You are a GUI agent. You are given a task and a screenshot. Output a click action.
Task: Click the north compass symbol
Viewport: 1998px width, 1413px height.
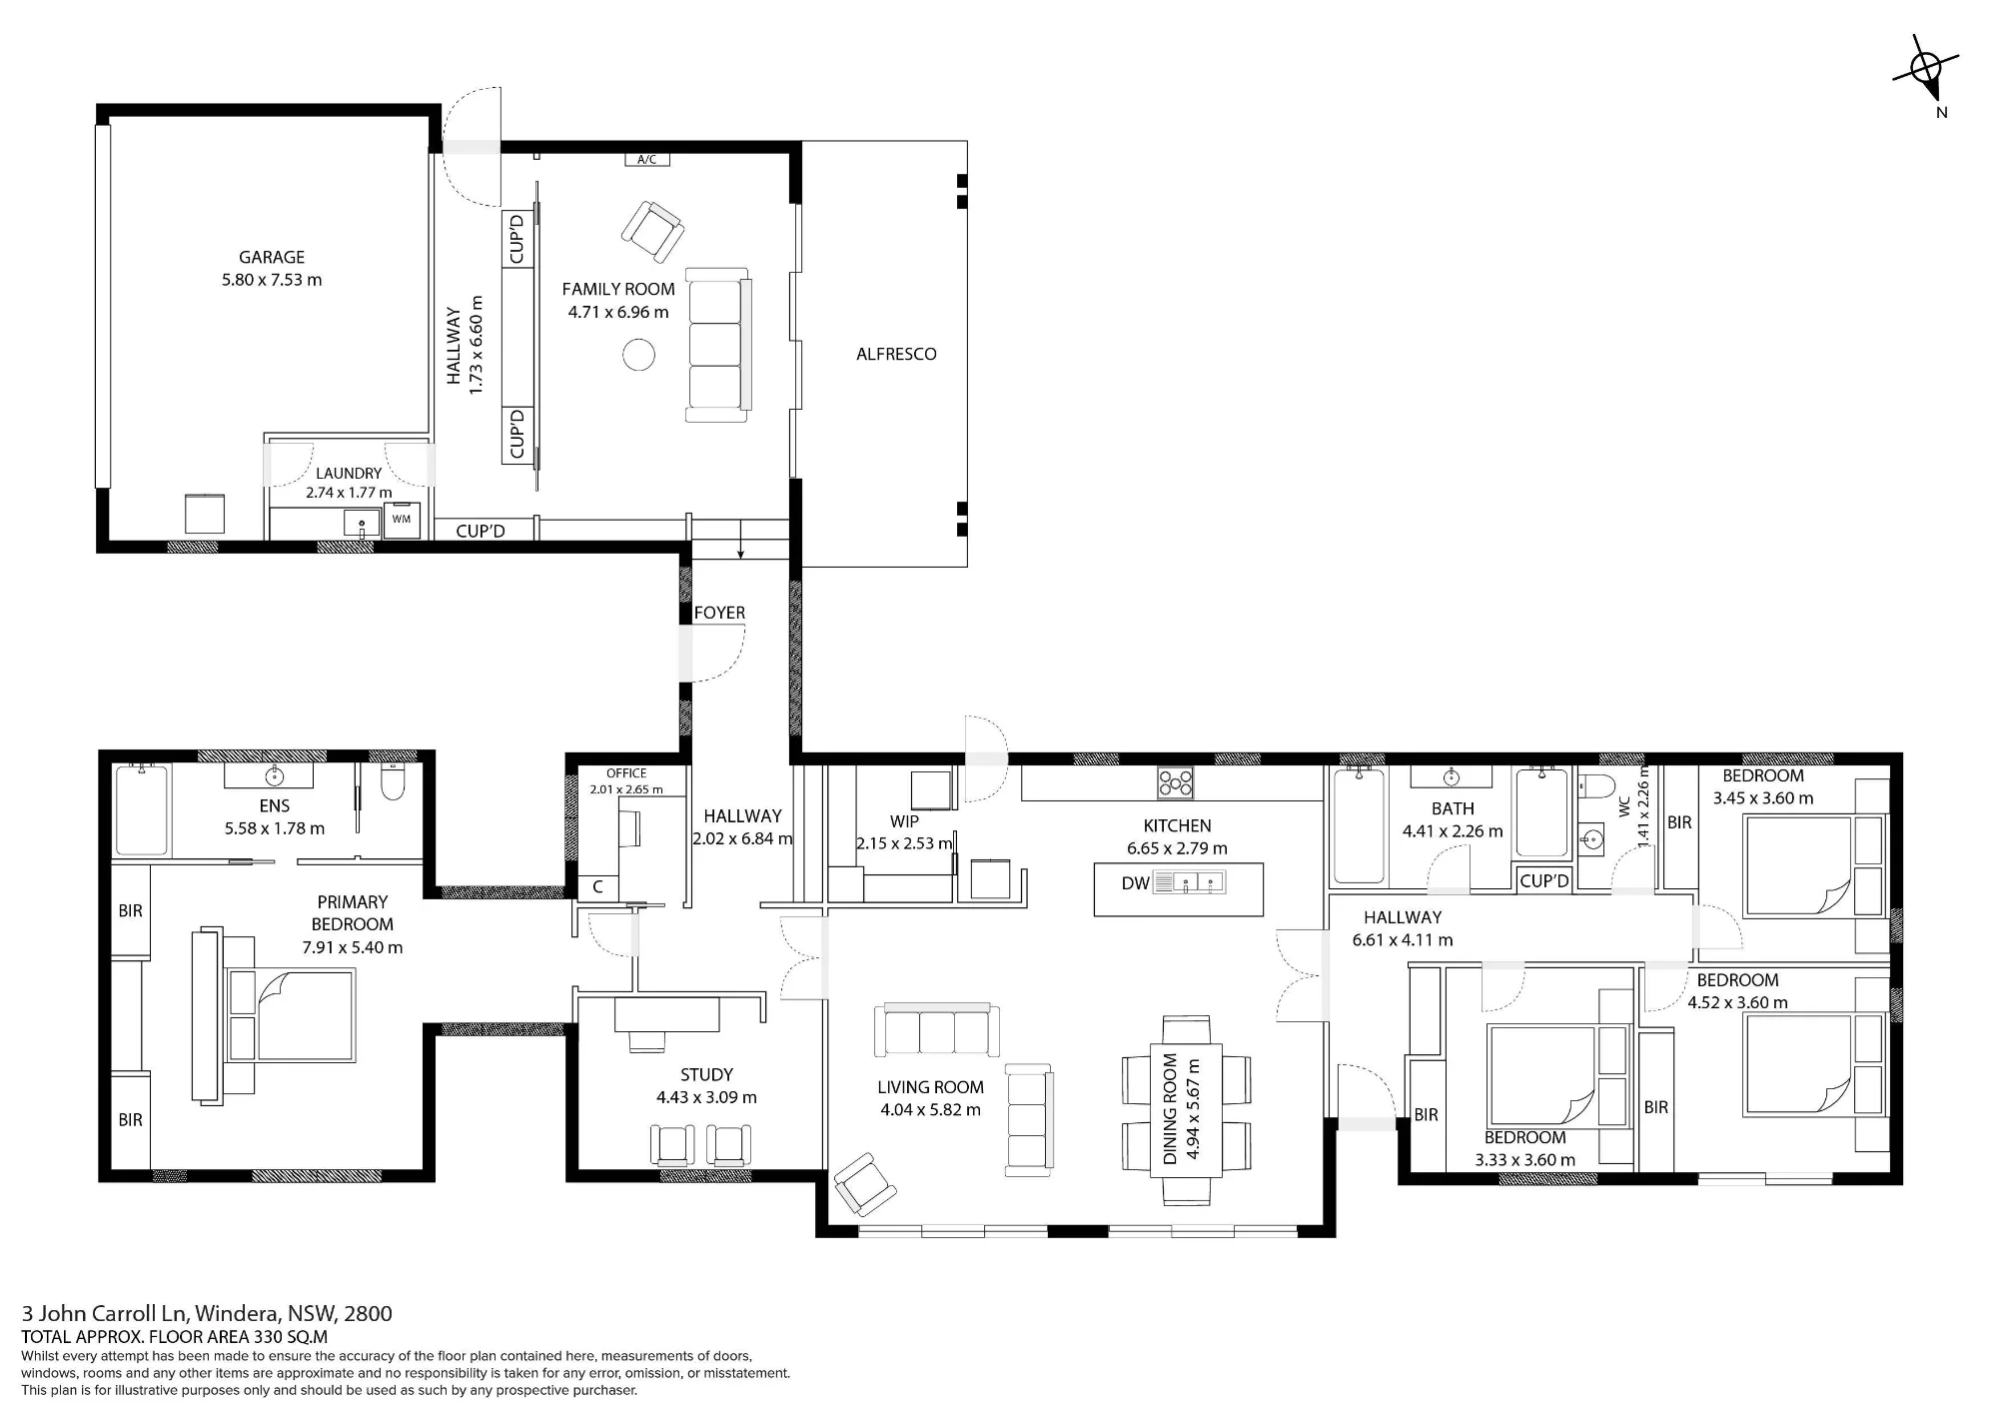(1925, 71)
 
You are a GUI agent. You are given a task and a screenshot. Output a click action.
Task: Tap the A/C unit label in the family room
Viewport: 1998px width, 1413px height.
(646, 160)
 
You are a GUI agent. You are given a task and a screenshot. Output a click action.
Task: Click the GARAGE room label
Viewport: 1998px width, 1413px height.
(272, 257)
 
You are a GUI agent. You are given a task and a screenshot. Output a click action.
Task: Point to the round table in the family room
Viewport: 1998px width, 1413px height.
(638, 354)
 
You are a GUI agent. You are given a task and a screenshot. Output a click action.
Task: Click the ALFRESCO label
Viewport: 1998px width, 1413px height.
(896, 354)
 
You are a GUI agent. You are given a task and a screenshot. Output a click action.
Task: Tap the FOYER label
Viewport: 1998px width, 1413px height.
(719, 613)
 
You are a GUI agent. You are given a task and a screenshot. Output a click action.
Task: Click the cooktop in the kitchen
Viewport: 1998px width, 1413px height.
(1175, 781)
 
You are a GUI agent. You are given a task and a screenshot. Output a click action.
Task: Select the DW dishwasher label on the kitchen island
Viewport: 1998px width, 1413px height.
(1135, 883)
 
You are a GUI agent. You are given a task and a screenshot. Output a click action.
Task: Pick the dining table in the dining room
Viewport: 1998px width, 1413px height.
(1187, 1110)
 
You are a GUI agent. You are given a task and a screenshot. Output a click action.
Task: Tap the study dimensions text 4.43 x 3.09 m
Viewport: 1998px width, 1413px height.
(706, 1097)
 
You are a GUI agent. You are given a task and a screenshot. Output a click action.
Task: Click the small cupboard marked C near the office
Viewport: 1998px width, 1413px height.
(598, 886)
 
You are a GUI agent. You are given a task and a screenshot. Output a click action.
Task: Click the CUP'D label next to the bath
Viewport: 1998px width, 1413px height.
(1544, 880)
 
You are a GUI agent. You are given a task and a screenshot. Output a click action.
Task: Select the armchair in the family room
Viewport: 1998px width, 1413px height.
(652, 232)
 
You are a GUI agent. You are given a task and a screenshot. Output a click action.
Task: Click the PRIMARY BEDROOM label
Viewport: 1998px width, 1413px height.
(352, 913)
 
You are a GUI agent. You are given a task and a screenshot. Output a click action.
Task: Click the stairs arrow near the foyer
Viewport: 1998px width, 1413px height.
(740, 539)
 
